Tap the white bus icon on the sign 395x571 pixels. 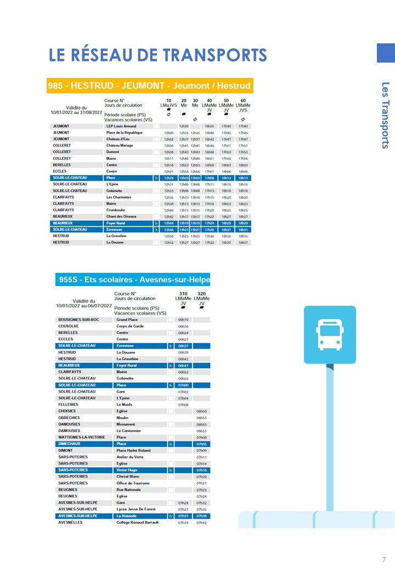329,334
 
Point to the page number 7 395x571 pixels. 384,560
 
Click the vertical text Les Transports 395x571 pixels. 385,115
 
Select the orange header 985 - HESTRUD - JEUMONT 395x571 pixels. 149,86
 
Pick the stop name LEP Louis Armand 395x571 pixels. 121,126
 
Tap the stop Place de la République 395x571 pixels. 125,133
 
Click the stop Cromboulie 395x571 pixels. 117,210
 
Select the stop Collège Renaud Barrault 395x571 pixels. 138,523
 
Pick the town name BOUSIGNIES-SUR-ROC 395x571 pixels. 79,320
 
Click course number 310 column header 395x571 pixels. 183,294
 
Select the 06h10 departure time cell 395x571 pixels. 183,320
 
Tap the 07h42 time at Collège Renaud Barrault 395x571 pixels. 201,523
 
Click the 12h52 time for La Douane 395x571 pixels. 168,242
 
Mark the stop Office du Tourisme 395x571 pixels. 133,483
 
